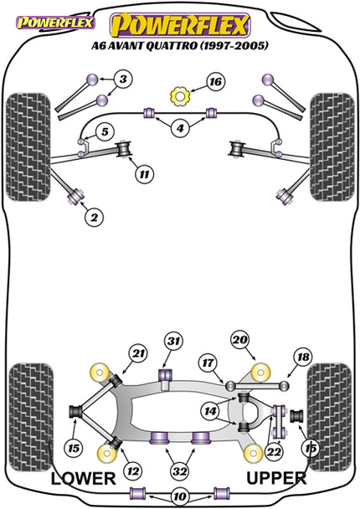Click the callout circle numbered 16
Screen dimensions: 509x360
[x=215, y=82]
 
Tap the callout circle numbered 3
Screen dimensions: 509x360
[x=123, y=80]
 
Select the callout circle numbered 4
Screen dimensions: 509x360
[x=180, y=128]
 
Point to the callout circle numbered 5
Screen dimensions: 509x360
[x=105, y=132]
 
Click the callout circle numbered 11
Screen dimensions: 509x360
[x=144, y=174]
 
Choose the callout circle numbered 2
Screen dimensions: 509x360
[x=94, y=218]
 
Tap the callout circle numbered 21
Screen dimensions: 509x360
[x=138, y=352]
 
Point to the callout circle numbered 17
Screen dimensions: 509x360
[x=205, y=363]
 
